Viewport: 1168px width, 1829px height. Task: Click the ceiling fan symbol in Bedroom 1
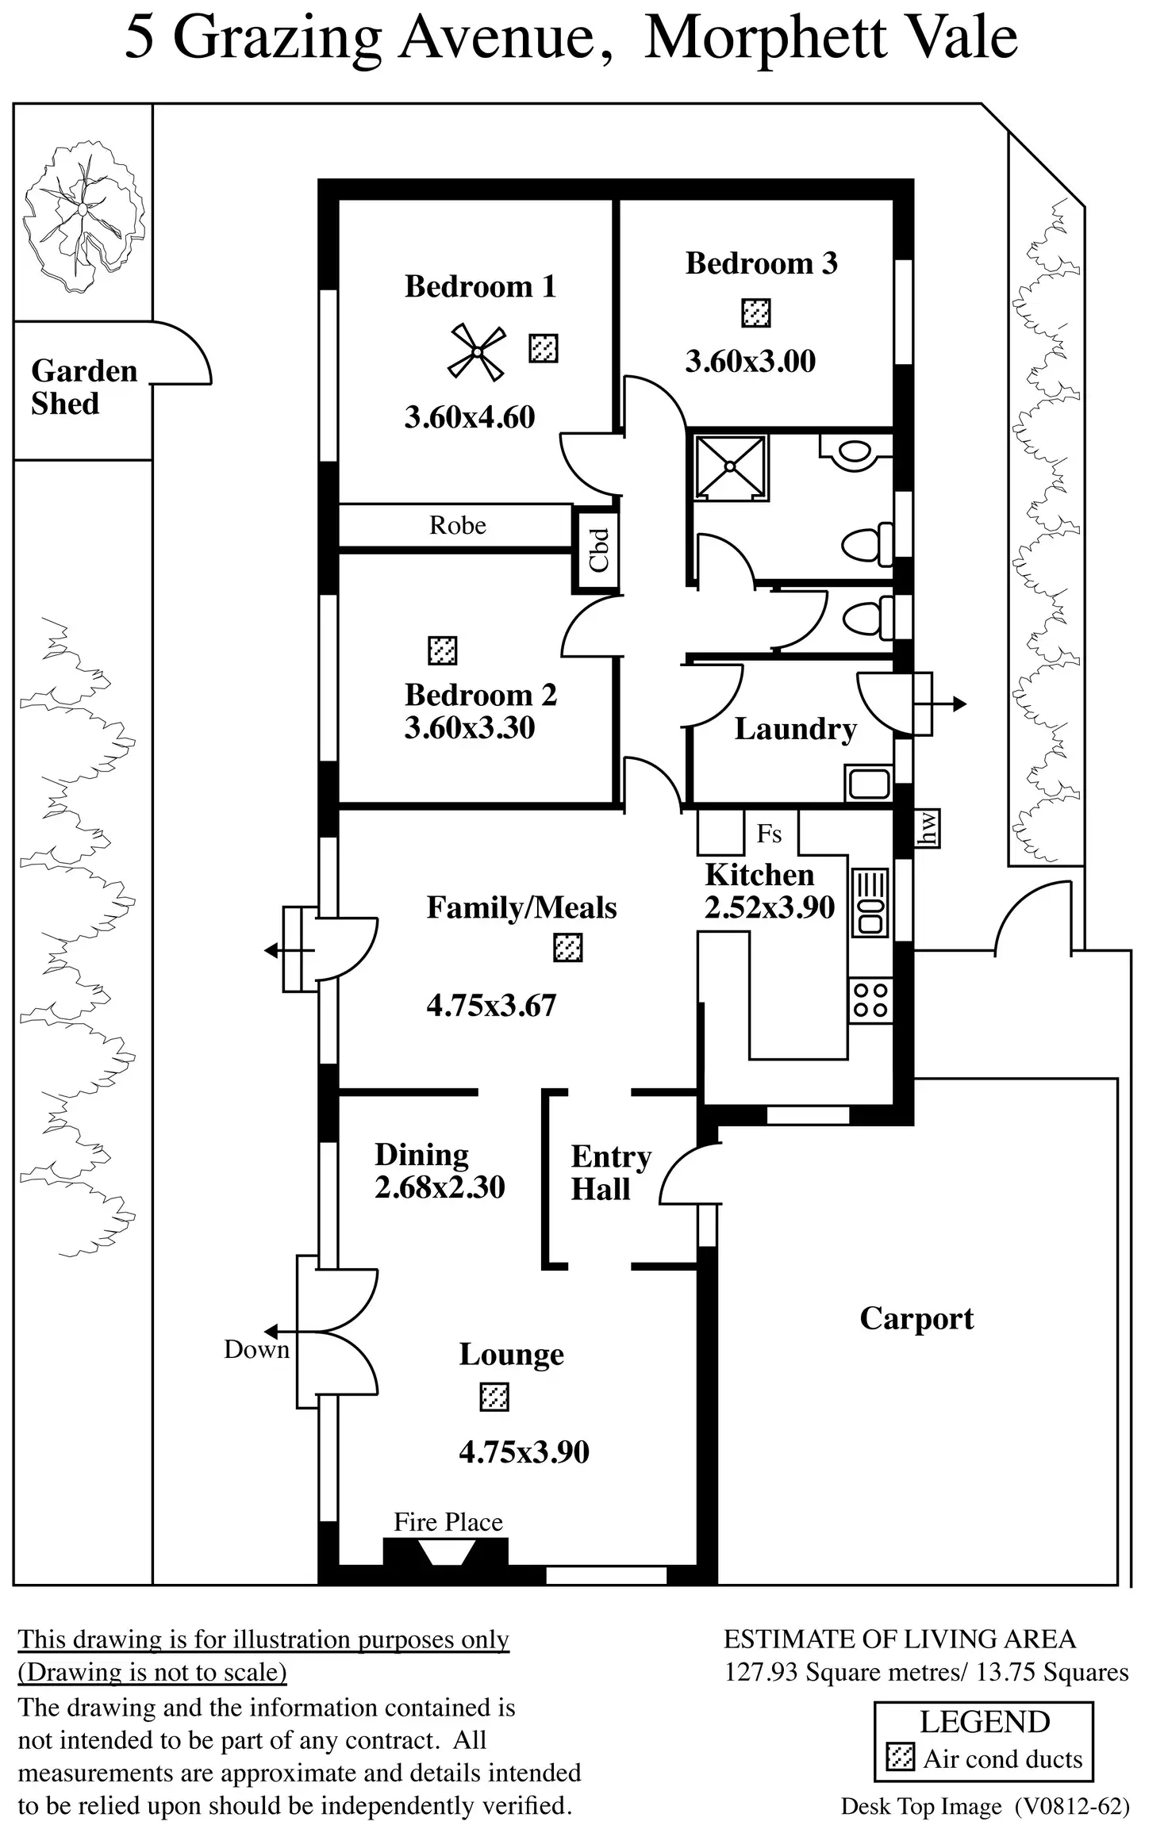477,352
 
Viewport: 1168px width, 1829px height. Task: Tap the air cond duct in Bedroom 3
756,313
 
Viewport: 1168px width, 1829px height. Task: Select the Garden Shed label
84,387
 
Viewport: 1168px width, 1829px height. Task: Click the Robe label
458,525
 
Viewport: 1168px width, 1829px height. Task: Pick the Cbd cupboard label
599,550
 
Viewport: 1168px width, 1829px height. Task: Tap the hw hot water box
928,828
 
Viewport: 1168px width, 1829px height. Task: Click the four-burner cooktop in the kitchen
870,1000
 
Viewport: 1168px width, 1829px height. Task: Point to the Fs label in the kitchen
769,834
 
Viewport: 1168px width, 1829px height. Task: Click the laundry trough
869,784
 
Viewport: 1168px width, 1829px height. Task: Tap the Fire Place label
448,1521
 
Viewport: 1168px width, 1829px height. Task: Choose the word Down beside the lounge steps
256,1348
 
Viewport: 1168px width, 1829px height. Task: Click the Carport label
916,1319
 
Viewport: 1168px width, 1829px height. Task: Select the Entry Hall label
611,1172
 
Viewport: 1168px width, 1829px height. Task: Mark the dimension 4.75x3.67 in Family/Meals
491,1005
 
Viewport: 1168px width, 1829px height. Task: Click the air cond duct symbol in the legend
900,1758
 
